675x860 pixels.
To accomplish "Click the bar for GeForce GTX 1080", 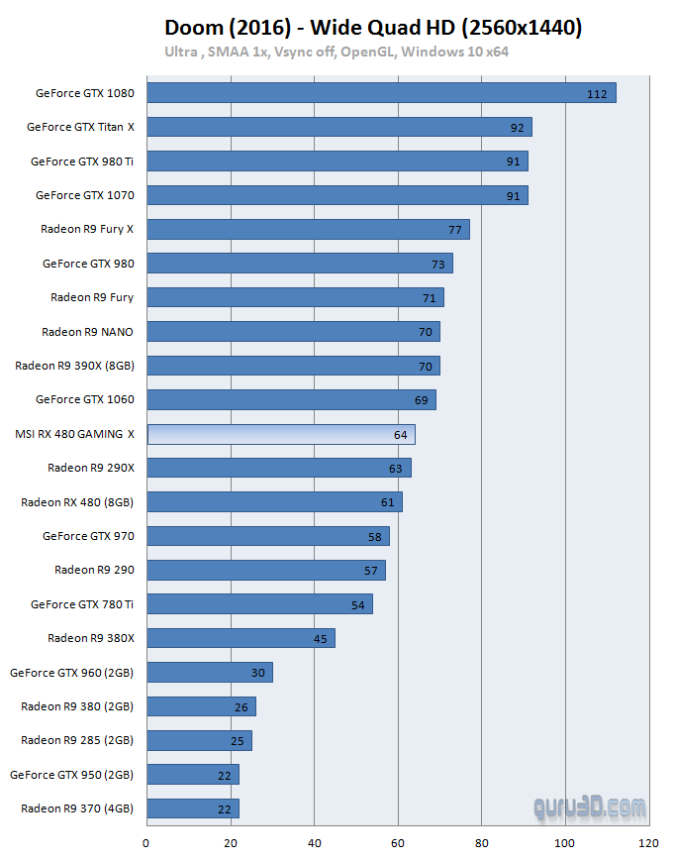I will (381, 93).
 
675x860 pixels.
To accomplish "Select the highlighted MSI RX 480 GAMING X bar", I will (281, 434).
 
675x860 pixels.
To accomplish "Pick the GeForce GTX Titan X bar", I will (339, 127).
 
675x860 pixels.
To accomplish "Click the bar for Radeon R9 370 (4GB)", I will (193, 808).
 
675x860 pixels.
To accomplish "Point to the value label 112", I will (596, 94).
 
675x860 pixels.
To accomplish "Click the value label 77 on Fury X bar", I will (454, 230).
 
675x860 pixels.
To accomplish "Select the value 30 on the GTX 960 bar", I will (258, 673).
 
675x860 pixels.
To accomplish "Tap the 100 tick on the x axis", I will (565, 843).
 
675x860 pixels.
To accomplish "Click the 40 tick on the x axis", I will (314, 843).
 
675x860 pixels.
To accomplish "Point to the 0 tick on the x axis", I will (146, 843).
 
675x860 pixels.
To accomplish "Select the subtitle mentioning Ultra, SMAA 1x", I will (337, 52).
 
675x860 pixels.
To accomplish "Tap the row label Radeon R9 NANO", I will (88, 332).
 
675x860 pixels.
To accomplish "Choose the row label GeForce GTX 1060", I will (84, 399).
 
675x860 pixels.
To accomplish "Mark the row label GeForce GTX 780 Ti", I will (82, 604).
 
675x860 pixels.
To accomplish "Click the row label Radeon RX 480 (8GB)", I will (77, 502).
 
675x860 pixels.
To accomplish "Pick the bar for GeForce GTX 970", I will (267, 536).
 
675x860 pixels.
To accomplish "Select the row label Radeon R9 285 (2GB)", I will (77, 740).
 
